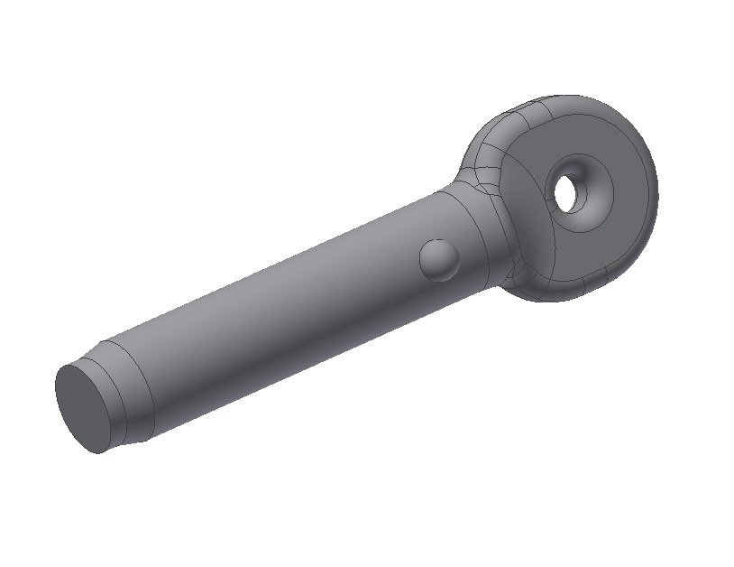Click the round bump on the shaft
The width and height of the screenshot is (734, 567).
tap(439, 260)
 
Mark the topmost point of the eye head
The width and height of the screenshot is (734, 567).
tap(577, 94)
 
